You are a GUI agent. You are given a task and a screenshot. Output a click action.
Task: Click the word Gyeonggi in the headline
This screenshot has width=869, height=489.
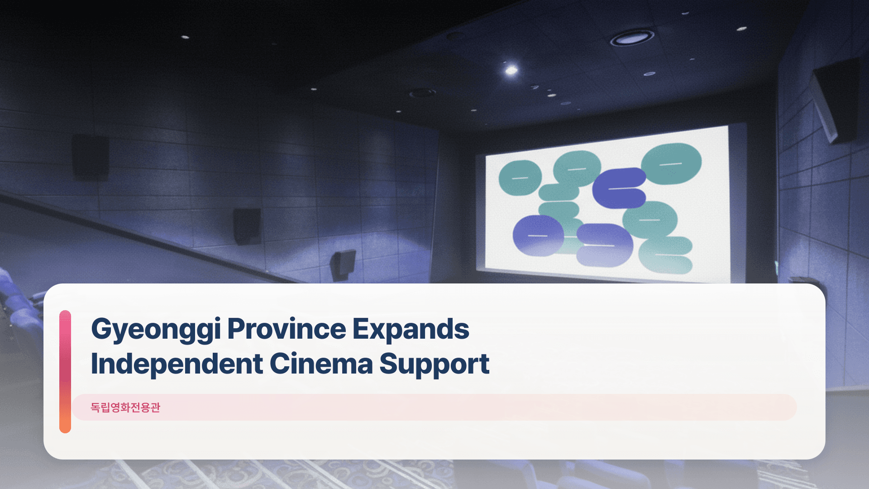click(156, 329)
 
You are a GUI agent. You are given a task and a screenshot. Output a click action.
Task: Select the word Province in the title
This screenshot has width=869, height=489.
click(286, 329)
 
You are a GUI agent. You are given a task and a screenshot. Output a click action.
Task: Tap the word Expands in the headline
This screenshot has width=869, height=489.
click(411, 329)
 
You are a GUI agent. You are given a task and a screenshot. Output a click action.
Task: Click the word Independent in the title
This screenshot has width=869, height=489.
click(177, 364)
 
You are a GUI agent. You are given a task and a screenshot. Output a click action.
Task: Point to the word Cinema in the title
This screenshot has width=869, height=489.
click(321, 364)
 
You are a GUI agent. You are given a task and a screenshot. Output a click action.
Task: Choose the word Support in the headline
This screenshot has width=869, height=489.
click(434, 364)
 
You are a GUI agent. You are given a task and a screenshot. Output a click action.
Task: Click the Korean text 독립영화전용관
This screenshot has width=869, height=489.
click(125, 407)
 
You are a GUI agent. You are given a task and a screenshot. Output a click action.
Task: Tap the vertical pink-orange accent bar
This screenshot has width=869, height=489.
click(65, 371)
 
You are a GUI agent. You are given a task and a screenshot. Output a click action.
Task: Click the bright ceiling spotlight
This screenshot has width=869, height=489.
click(511, 70)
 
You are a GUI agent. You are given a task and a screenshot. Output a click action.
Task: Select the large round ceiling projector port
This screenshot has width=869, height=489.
click(632, 38)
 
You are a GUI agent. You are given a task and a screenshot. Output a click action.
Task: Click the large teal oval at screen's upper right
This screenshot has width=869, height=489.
click(671, 163)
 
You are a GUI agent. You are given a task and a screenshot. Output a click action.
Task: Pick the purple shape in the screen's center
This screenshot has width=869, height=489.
click(619, 188)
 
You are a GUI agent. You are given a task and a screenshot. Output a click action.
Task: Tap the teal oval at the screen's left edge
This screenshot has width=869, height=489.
click(520, 177)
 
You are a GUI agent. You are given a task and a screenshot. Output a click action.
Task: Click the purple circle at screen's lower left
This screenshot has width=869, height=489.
click(538, 235)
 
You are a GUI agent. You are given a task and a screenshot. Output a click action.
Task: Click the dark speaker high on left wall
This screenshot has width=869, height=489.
click(91, 157)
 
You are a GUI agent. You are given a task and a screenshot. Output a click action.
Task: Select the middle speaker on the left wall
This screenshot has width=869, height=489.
click(247, 225)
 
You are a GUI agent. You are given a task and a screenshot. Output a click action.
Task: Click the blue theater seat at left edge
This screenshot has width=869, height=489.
click(18, 312)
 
